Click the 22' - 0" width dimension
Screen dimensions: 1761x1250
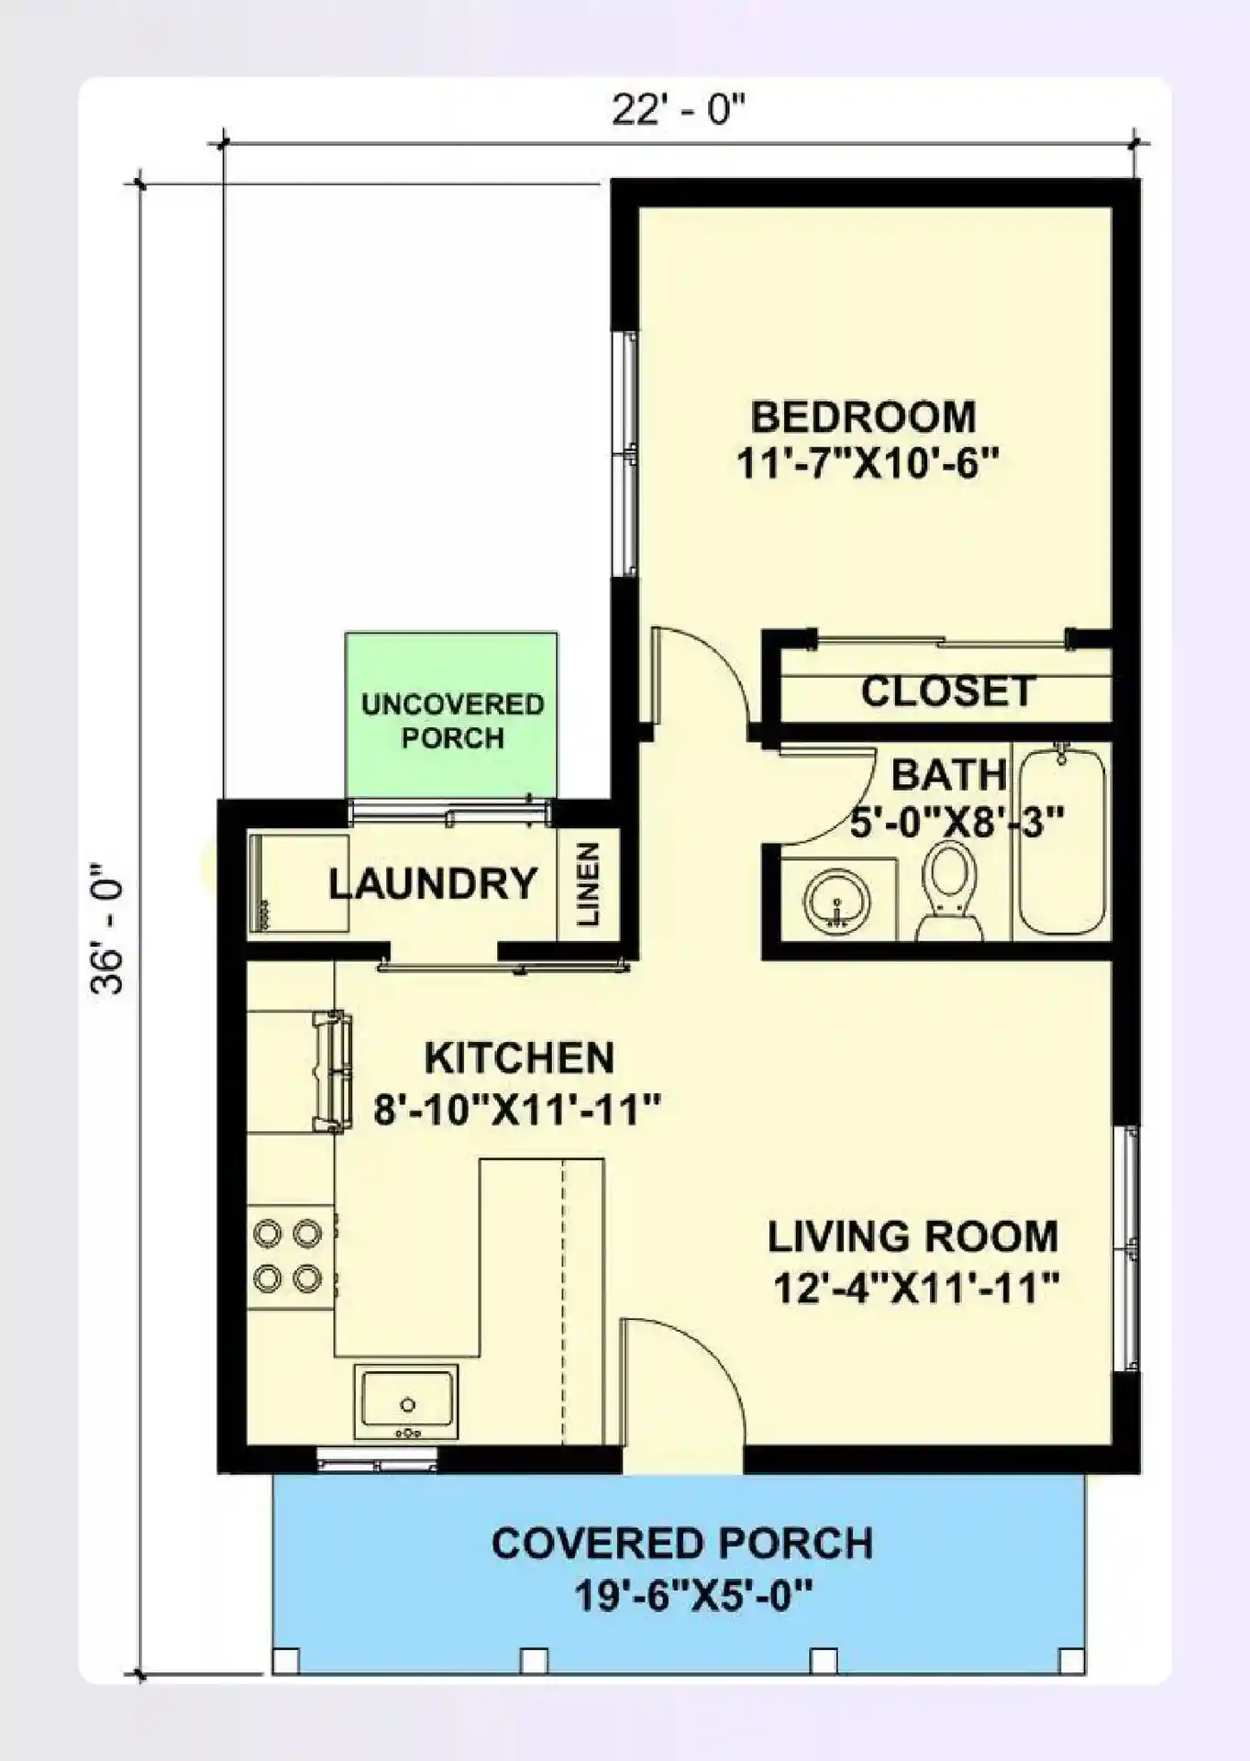pyautogui.click(x=679, y=111)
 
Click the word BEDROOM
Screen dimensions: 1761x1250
pyautogui.click(x=863, y=417)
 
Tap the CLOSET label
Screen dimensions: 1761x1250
pyautogui.click(x=947, y=692)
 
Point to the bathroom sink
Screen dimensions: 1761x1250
pyautogui.click(x=837, y=901)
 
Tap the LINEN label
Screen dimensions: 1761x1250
pyautogui.click(x=589, y=884)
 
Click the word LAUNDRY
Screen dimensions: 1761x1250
pyautogui.click(x=433, y=883)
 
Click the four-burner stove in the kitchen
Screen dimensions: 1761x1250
pyautogui.click(x=288, y=1256)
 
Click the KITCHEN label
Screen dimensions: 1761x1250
pyautogui.click(x=519, y=1058)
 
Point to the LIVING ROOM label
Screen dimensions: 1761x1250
pyautogui.click(x=913, y=1236)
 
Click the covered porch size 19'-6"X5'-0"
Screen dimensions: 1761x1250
pyautogui.click(x=693, y=1597)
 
